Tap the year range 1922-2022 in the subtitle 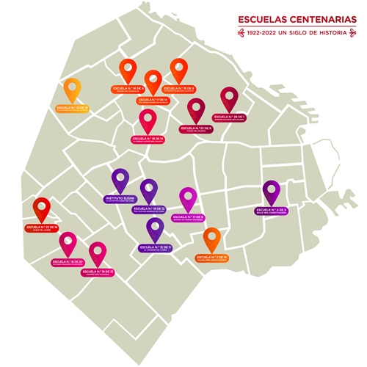point(266,33)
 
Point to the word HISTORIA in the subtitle point(339,33)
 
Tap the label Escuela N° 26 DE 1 point(230,117)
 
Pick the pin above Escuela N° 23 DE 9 point(197,109)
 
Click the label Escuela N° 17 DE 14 point(153,100)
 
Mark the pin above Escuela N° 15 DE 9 point(179,70)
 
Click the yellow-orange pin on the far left point(72,89)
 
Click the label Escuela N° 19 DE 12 point(149,209)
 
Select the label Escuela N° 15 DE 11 point(155,249)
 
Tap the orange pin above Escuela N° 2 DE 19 point(211,239)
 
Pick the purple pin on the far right point(272,192)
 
